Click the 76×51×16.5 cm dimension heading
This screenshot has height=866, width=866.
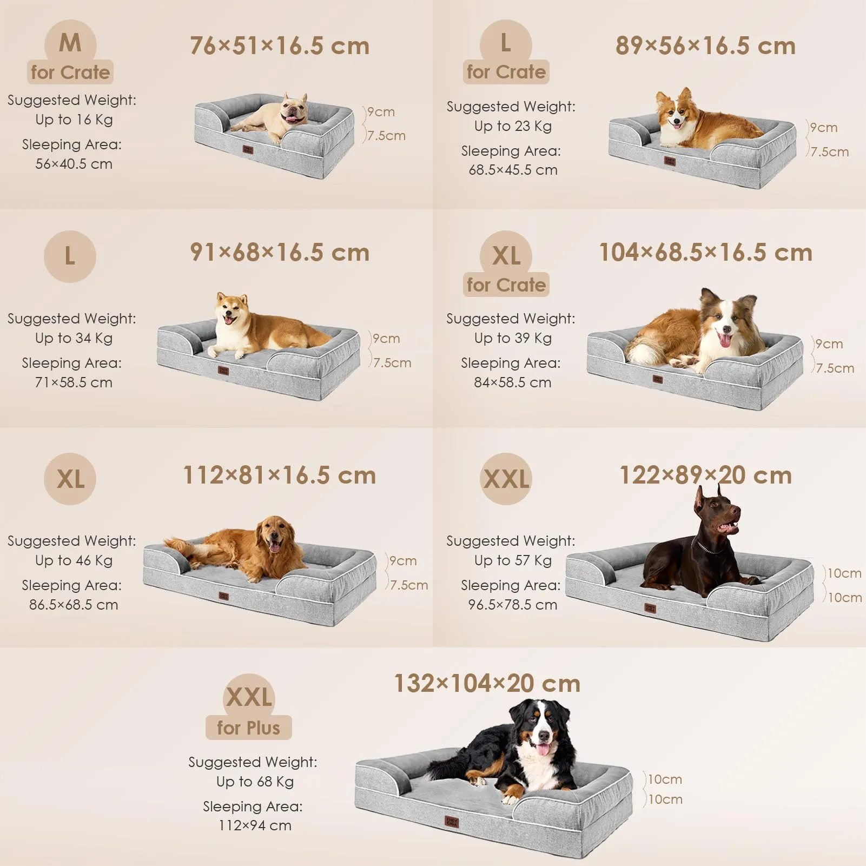click(x=280, y=46)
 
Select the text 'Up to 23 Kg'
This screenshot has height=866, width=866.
click(x=513, y=126)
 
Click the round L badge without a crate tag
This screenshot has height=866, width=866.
click(x=70, y=256)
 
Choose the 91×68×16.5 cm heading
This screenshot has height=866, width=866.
click(x=280, y=253)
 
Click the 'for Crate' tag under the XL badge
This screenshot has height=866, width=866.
click(x=506, y=285)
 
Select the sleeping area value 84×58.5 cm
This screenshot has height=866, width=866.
click(x=513, y=382)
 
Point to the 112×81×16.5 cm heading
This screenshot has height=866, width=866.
click(x=280, y=475)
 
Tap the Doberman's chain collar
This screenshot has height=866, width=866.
click(x=708, y=546)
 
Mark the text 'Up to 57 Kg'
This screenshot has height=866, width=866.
click(x=513, y=560)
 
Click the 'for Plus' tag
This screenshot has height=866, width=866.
click(x=249, y=728)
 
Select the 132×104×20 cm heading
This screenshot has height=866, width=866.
click(x=487, y=684)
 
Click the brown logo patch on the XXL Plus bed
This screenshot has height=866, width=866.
click(x=452, y=822)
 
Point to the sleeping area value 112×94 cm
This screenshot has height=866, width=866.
click(x=255, y=825)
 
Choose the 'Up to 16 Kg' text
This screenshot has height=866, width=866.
click(x=74, y=120)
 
